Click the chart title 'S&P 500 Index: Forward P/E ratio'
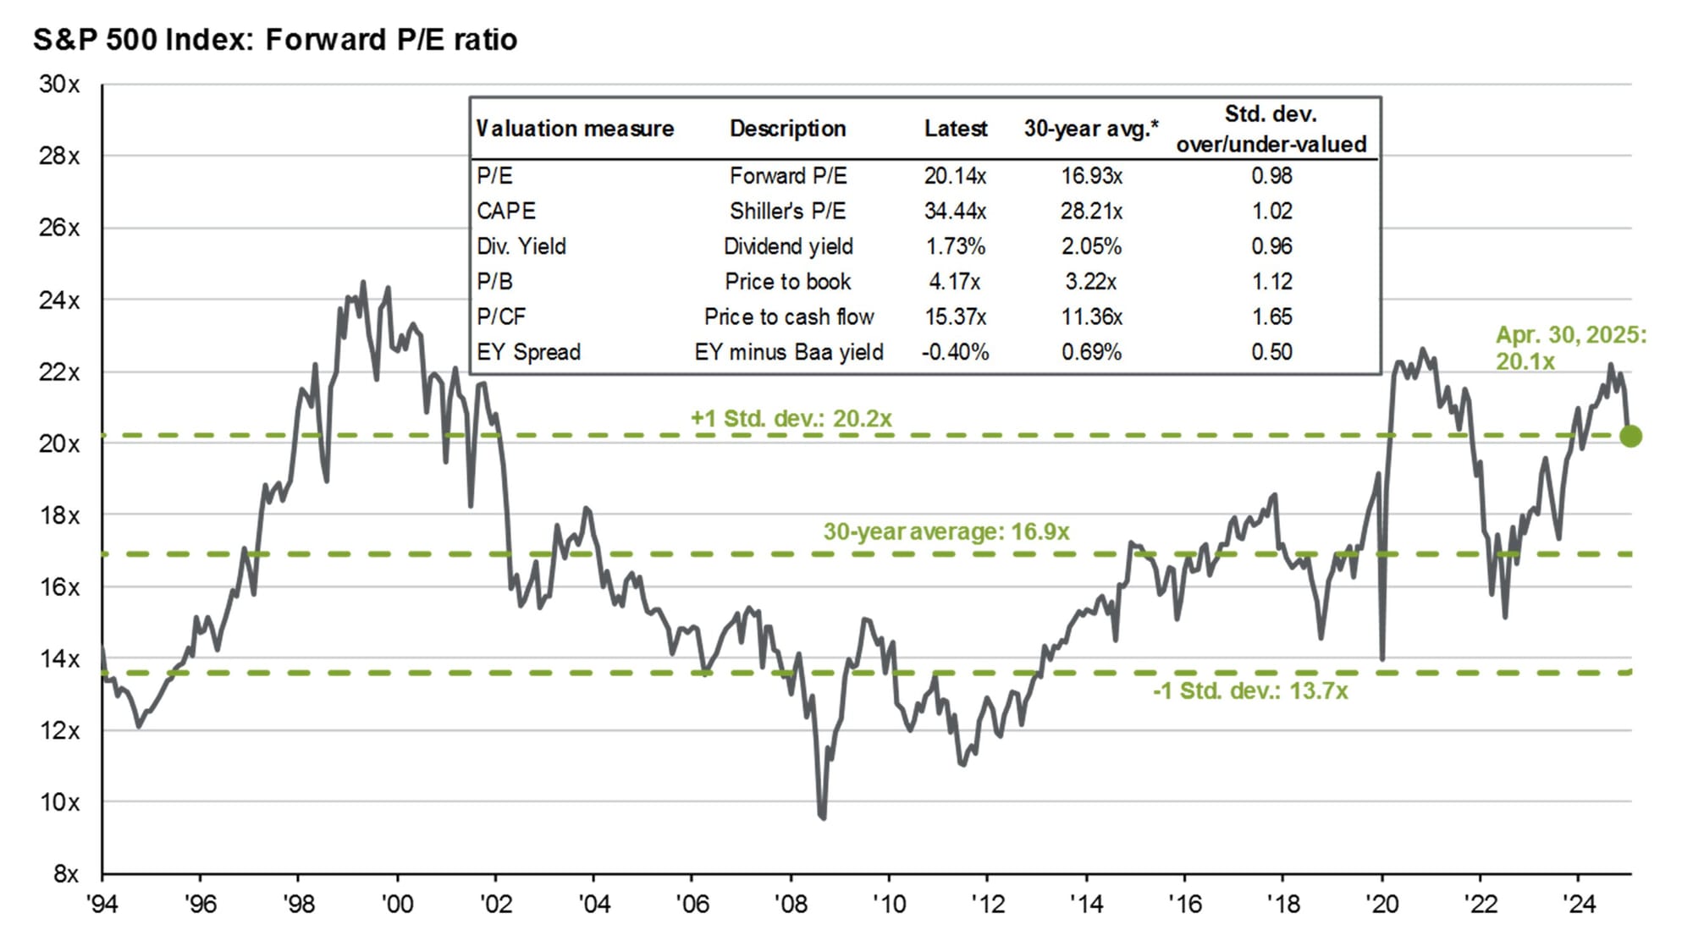coord(275,40)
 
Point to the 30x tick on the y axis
coord(59,85)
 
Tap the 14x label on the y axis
coord(59,658)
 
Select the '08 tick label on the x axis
coord(791,904)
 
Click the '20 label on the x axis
coord(1381,904)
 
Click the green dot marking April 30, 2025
coord(1630,437)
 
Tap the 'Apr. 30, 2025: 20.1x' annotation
coord(1570,348)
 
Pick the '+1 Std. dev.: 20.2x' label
coord(791,419)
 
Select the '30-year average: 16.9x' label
coord(946,531)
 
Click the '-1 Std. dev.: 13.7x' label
coord(1249,691)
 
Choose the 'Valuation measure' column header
coord(575,129)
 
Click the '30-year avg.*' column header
coord(1090,129)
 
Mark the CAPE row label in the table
coord(506,211)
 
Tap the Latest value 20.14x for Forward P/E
coord(955,176)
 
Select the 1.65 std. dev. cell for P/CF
coord(1271,316)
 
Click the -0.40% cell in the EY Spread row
coord(955,352)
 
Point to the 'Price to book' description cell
coord(787,282)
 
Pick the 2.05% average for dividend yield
coord(1091,246)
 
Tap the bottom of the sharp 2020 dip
coord(1382,658)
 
